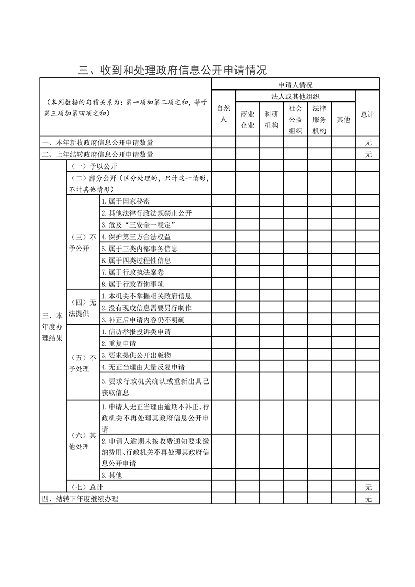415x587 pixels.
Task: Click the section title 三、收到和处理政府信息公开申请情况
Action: (x=173, y=70)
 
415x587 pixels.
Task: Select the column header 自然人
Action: (x=223, y=114)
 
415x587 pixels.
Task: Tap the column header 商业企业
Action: (x=248, y=119)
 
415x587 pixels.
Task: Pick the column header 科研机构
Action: (x=272, y=119)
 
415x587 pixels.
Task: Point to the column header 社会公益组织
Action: (x=296, y=119)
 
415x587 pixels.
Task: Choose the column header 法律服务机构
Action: (x=319, y=119)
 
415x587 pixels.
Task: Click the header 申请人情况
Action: (x=295, y=85)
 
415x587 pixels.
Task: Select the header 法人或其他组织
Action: (x=295, y=96)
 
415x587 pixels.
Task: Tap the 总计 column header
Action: (x=367, y=114)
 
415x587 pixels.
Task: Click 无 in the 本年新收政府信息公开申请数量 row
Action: (x=368, y=143)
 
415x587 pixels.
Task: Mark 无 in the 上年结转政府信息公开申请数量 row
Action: (x=368, y=154)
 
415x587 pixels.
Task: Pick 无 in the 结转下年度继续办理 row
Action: (x=368, y=499)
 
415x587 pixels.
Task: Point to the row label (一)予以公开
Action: (x=86, y=166)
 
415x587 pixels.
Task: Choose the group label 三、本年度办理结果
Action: (x=53, y=326)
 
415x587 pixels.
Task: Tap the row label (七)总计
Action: (x=86, y=487)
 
